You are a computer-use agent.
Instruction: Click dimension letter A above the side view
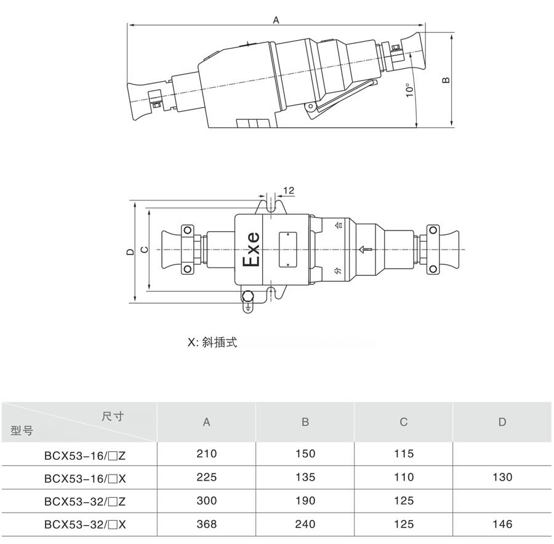pos(276,20)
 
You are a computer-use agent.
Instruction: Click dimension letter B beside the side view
pos(448,79)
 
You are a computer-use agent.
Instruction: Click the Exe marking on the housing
pos(252,250)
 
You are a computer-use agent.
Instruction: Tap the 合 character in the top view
pos(337,226)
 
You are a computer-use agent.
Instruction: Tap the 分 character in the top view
pos(337,271)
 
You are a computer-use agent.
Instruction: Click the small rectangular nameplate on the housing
pos(287,249)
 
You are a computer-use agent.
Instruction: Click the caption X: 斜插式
pos(212,342)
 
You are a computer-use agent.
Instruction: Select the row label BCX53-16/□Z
pos(85,455)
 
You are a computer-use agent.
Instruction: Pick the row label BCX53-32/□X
pos(85,524)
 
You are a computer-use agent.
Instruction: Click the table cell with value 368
pos(207,524)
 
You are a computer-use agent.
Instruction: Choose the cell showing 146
pos(502,524)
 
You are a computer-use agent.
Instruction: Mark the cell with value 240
pos(305,524)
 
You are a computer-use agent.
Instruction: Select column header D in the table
pos(502,422)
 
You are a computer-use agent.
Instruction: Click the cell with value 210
pos(207,454)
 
